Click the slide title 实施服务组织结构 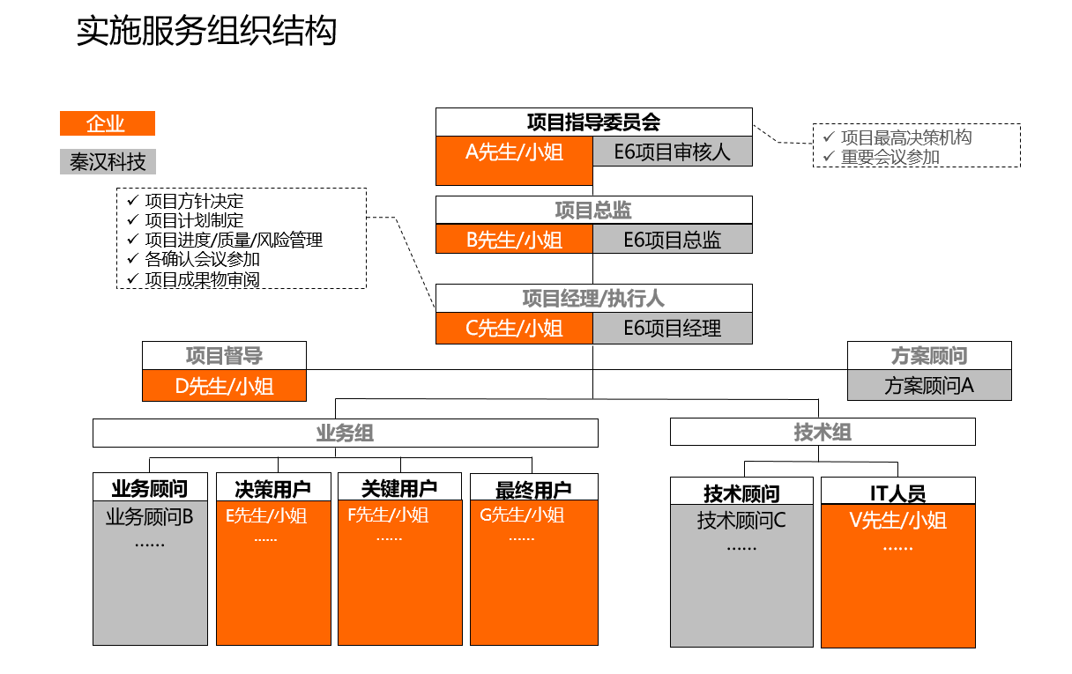coord(206,32)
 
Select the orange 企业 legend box coord(107,124)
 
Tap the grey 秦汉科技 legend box coord(108,162)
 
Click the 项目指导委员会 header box coord(593,122)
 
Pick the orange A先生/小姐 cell coord(514,152)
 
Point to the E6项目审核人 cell coord(673,152)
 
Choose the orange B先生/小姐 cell coord(514,240)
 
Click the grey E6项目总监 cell coord(673,240)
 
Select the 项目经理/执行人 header coord(593,299)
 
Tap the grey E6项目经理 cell coord(673,329)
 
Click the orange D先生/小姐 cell coord(224,386)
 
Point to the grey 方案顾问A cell coord(929,386)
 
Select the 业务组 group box coord(345,433)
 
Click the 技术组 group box coord(823,432)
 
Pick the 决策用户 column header coord(273,488)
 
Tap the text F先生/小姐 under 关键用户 coord(388,515)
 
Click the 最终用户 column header coord(533,488)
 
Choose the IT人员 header coord(897,493)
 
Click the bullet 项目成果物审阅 coord(202,279)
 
